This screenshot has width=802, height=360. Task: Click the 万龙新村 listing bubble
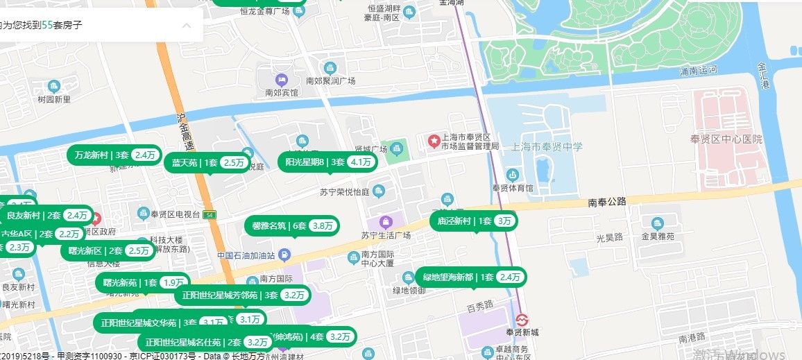point(115,155)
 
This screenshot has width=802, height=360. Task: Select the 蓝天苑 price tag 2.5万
point(234,163)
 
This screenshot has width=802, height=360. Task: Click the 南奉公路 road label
point(607,203)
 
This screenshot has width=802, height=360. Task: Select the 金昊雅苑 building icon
point(657,223)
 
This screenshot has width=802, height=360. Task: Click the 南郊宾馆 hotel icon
point(281,80)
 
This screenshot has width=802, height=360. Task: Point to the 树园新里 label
point(54,99)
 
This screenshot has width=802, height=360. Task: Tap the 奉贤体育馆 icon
point(513,174)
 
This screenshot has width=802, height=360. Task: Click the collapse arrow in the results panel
point(186,26)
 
